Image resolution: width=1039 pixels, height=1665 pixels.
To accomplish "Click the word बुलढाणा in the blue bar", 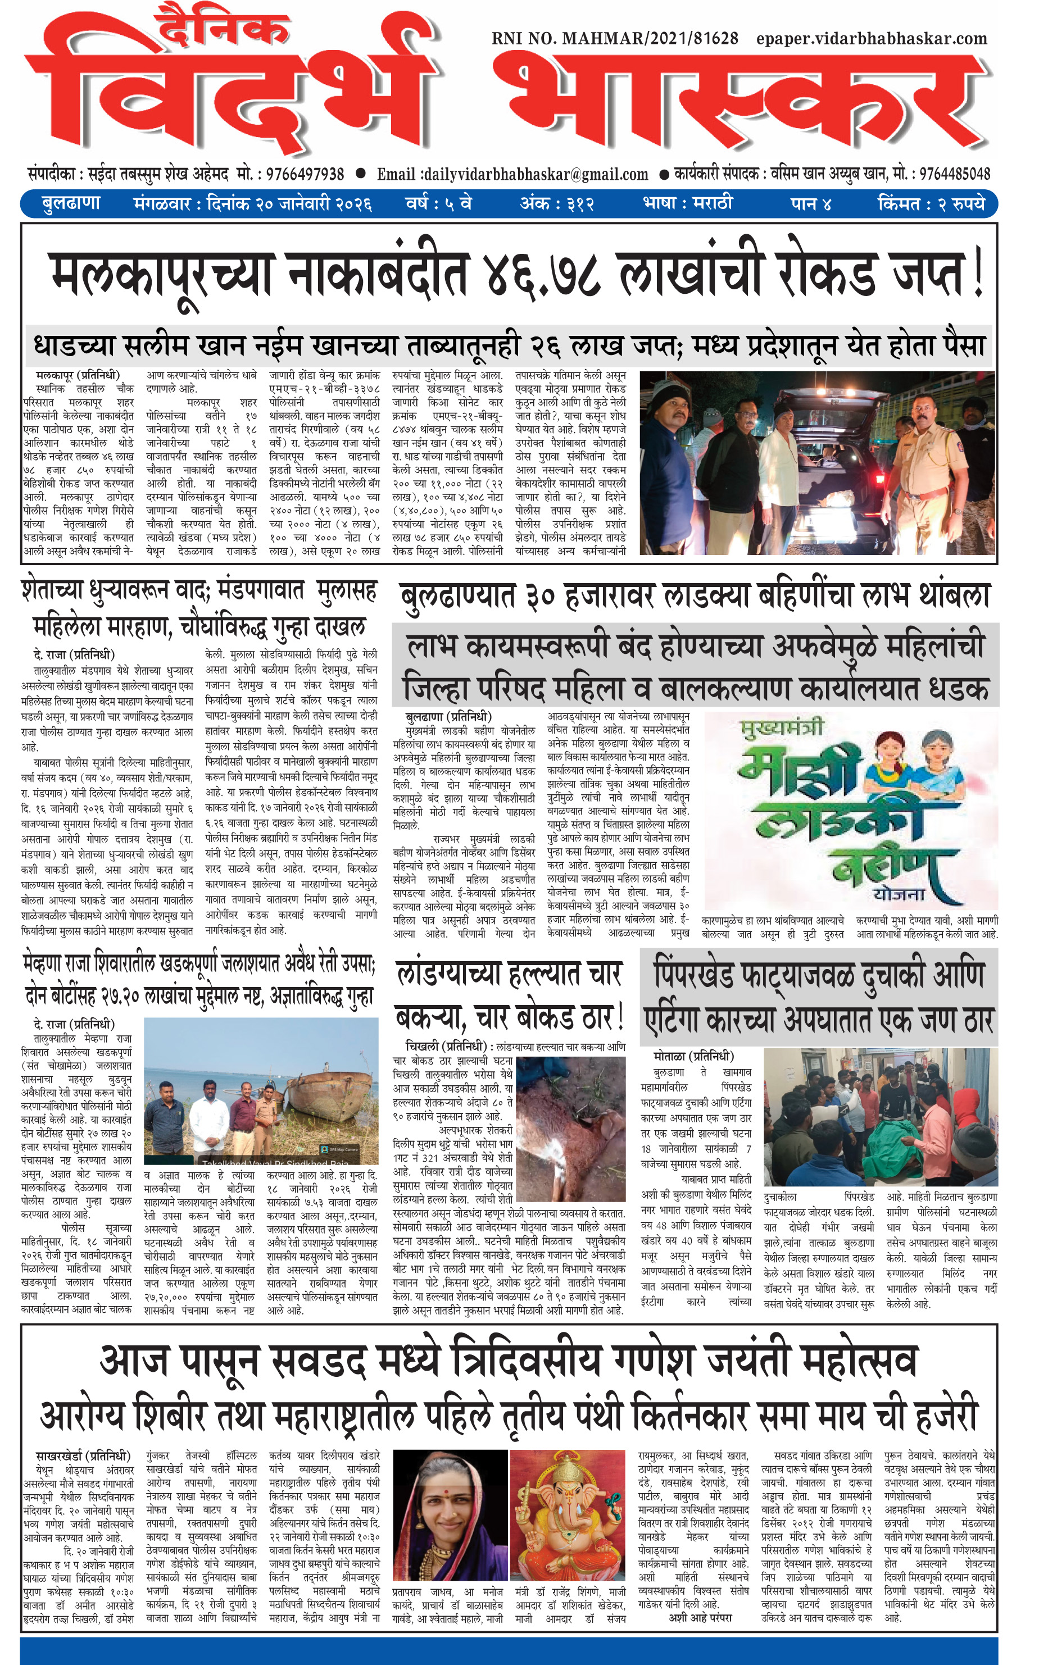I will point(71,204).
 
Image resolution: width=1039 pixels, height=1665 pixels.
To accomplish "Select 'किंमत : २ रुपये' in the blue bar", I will point(931,204).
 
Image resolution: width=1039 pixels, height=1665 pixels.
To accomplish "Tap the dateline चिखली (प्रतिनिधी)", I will point(447,1046).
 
